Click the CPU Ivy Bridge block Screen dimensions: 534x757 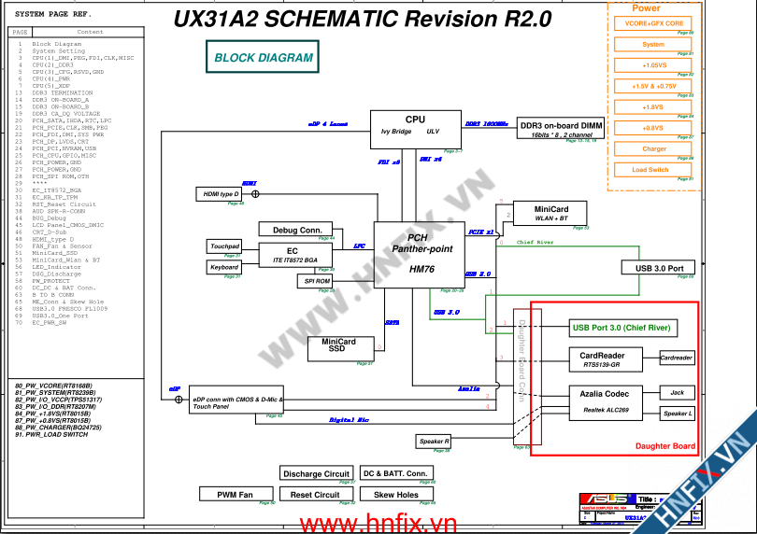414,129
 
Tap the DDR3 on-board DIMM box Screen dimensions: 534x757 561,129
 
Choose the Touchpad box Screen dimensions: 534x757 224,246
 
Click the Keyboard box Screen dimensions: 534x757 224,267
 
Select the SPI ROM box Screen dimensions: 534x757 317,280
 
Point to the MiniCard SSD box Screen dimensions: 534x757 340,348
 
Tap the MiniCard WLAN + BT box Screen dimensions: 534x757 550,213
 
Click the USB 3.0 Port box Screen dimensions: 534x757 659,268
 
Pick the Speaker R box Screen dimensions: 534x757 434,441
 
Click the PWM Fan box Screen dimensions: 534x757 236,494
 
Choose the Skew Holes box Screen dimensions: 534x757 396,494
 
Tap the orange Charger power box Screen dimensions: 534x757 654,148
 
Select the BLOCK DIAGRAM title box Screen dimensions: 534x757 264,58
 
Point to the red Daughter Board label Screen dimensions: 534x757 665,446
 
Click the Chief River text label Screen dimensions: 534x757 535,243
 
